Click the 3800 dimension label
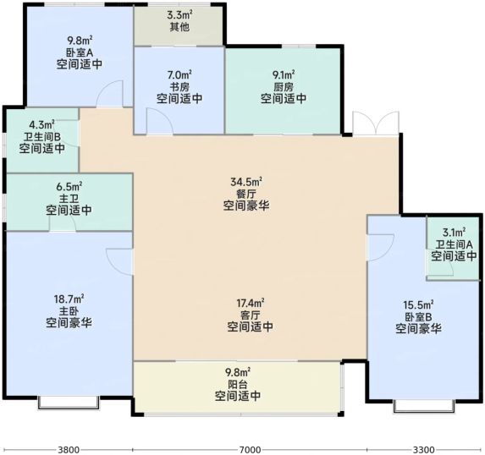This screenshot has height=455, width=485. [x=69, y=449]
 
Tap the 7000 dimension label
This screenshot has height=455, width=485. [x=250, y=449]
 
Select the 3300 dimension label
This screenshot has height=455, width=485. [x=424, y=449]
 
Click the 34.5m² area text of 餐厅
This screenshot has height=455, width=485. [x=246, y=182]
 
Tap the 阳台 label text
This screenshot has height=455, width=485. [x=238, y=385]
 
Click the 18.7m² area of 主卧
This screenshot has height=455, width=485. [x=69, y=299]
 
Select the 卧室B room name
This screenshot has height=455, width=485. [x=418, y=317]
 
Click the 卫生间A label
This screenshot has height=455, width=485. [x=454, y=244]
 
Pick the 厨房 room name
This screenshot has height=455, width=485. [x=283, y=87]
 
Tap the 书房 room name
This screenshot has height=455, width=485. [x=179, y=87]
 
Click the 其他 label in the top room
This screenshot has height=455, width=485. [x=179, y=26]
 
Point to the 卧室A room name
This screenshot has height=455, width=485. [x=80, y=52]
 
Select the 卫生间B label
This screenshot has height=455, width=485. [x=42, y=136]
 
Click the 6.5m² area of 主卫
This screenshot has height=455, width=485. [x=69, y=186]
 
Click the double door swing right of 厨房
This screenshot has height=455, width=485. [x=376, y=123]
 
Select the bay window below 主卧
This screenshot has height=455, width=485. [x=69, y=403]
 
